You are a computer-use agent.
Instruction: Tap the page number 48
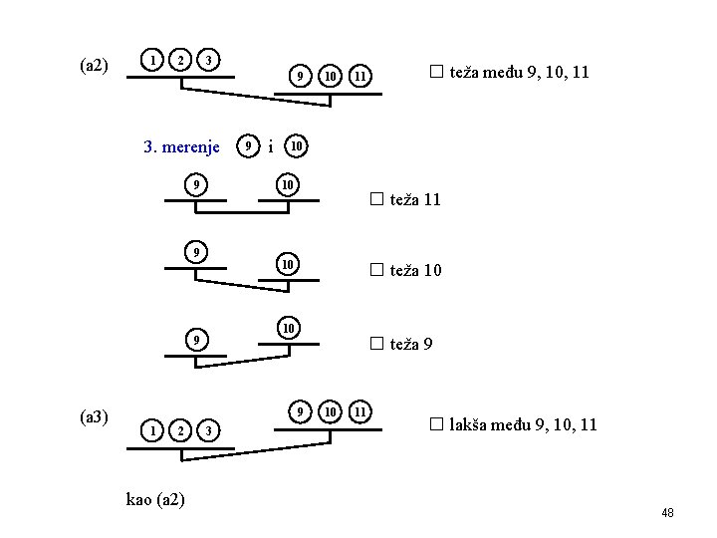coord(667,512)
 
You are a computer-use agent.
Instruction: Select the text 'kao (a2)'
coord(155,498)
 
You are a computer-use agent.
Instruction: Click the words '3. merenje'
coord(181,147)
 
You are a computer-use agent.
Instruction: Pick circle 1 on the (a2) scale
coord(151,60)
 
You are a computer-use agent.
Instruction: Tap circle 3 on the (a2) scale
coord(208,60)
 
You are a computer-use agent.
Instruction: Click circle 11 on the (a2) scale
coord(362,76)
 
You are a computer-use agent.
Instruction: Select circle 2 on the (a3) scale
coord(180,429)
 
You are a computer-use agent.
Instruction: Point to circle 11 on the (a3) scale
coord(362,410)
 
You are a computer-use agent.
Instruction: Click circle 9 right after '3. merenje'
coord(248,146)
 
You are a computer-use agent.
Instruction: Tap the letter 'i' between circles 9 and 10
coord(271,147)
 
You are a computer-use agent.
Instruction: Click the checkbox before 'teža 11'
coord(376,199)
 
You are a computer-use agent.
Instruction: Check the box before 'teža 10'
coord(376,269)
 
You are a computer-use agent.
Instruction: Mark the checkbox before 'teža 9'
coord(376,344)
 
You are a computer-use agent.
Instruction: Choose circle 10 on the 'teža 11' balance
coord(287,185)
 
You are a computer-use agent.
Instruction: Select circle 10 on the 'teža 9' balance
coord(287,328)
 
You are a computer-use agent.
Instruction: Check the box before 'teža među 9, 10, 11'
coord(434,72)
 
